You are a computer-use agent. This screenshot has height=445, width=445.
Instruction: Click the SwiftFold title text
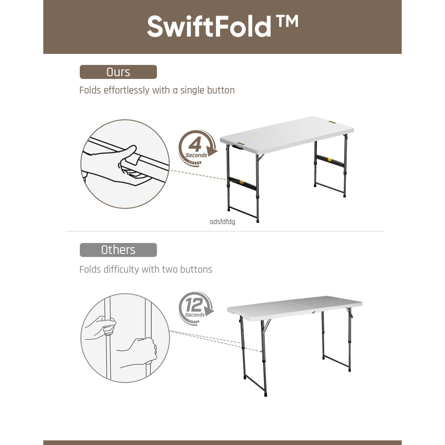point(209,27)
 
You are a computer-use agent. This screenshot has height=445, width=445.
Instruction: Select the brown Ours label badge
point(118,72)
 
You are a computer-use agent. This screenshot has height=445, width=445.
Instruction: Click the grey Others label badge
point(118,250)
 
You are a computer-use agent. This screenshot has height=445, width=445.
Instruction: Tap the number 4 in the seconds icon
point(195,145)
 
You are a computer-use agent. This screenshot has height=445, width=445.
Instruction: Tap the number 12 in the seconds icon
point(194,304)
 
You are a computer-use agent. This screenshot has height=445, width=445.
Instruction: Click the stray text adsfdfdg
point(222,222)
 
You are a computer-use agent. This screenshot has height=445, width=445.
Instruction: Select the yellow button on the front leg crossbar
point(242,182)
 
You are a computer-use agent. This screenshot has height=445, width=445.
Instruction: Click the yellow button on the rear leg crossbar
point(329,160)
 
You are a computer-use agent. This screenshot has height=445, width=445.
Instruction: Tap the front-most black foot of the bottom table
point(266,395)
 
